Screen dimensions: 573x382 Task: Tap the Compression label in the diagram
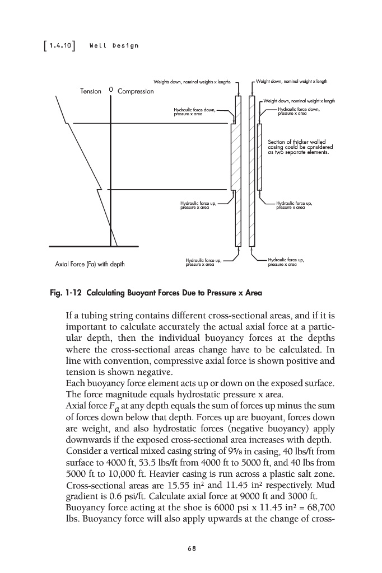[136, 91]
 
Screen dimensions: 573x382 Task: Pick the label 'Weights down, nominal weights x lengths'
[192, 81]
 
